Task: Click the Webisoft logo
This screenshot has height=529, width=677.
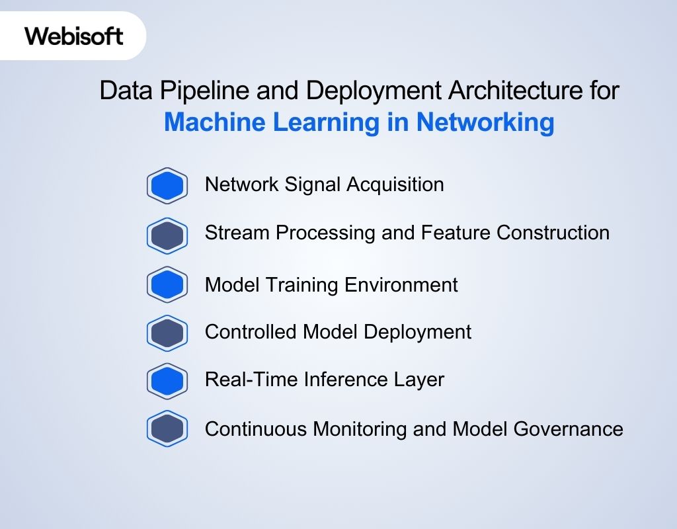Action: pyautogui.click(x=74, y=36)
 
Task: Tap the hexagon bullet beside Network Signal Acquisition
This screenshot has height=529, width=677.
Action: pyautogui.click(x=167, y=186)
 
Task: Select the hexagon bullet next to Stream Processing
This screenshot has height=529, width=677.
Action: pyautogui.click(x=167, y=235)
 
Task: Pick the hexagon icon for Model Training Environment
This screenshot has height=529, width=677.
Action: pyautogui.click(x=167, y=285)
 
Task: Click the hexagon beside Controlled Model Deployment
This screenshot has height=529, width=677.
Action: pyautogui.click(x=167, y=333)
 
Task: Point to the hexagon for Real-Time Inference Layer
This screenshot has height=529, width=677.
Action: pyautogui.click(x=167, y=381)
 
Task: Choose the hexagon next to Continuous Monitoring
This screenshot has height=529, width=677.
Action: pyautogui.click(x=167, y=429)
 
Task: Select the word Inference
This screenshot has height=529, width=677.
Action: pyautogui.click(x=333, y=380)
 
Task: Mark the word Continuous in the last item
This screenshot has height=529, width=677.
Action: pyautogui.click(x=256, y=429)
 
